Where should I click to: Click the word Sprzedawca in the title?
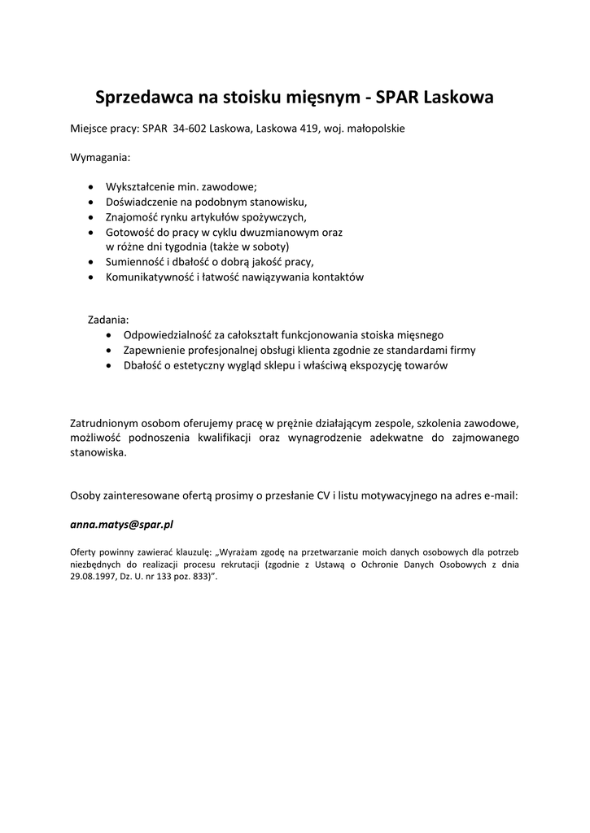(144, 98)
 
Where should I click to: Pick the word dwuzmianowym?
(273, 232)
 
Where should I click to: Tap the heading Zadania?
(108, 320)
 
